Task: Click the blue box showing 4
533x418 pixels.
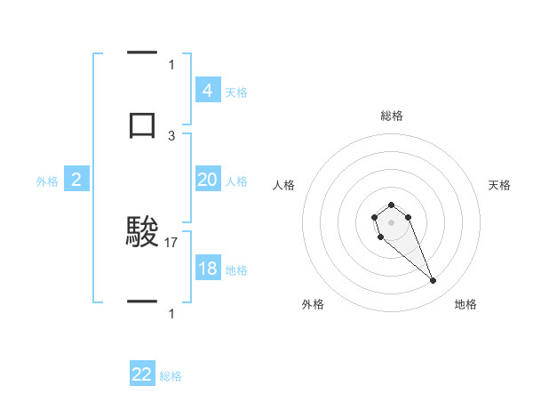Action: (x=207, y=90)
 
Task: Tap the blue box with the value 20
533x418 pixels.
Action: (x=207, y=180)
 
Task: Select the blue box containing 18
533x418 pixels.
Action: (x=207, y=269)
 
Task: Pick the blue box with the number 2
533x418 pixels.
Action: (x=76, y=180)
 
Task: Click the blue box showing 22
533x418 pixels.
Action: (x=142, y=374)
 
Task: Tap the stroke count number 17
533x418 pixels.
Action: (x=171, y=242)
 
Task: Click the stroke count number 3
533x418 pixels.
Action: (x=171, y=135)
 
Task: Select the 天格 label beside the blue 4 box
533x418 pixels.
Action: (x=236, y=92)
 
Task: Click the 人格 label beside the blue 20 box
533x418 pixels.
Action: (x=236, y=181)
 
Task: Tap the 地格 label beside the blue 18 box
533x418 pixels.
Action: (x=236, y=270)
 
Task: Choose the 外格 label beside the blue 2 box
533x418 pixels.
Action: (x=47, y=181)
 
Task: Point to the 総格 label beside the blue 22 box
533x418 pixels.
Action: (x=171, y=376)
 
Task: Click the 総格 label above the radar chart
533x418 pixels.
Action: (x=391, y=116)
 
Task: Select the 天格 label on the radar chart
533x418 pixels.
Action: (x=500, y=185)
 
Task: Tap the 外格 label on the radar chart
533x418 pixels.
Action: (x=313, y=304)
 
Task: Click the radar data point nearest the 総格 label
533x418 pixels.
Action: (x=391, y=205)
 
